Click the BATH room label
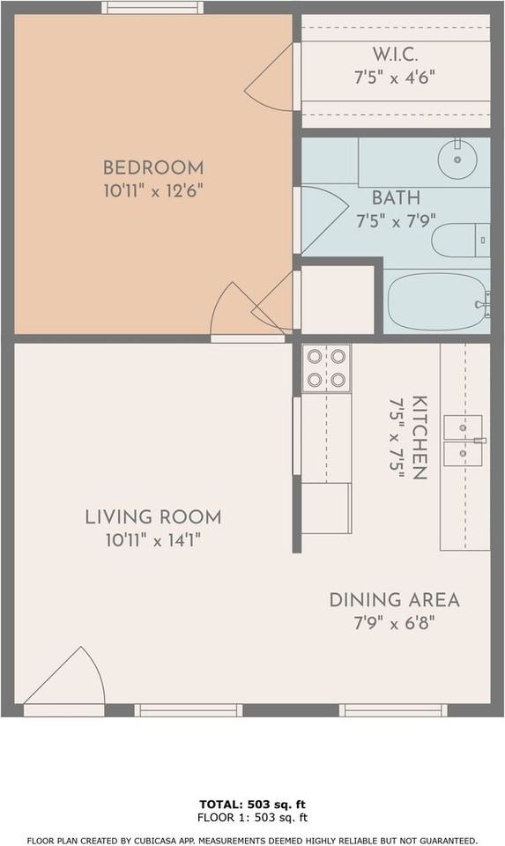coord(395,197)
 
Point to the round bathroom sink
coord(458,155)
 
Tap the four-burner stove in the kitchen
coord(326,367)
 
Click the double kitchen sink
coord(464,440)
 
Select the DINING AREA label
coord(394,600)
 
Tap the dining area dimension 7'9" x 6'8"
coord(394,622)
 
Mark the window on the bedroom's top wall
coord(152,7)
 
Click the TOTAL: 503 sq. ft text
coord(252,805)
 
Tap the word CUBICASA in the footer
coord(175,840)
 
